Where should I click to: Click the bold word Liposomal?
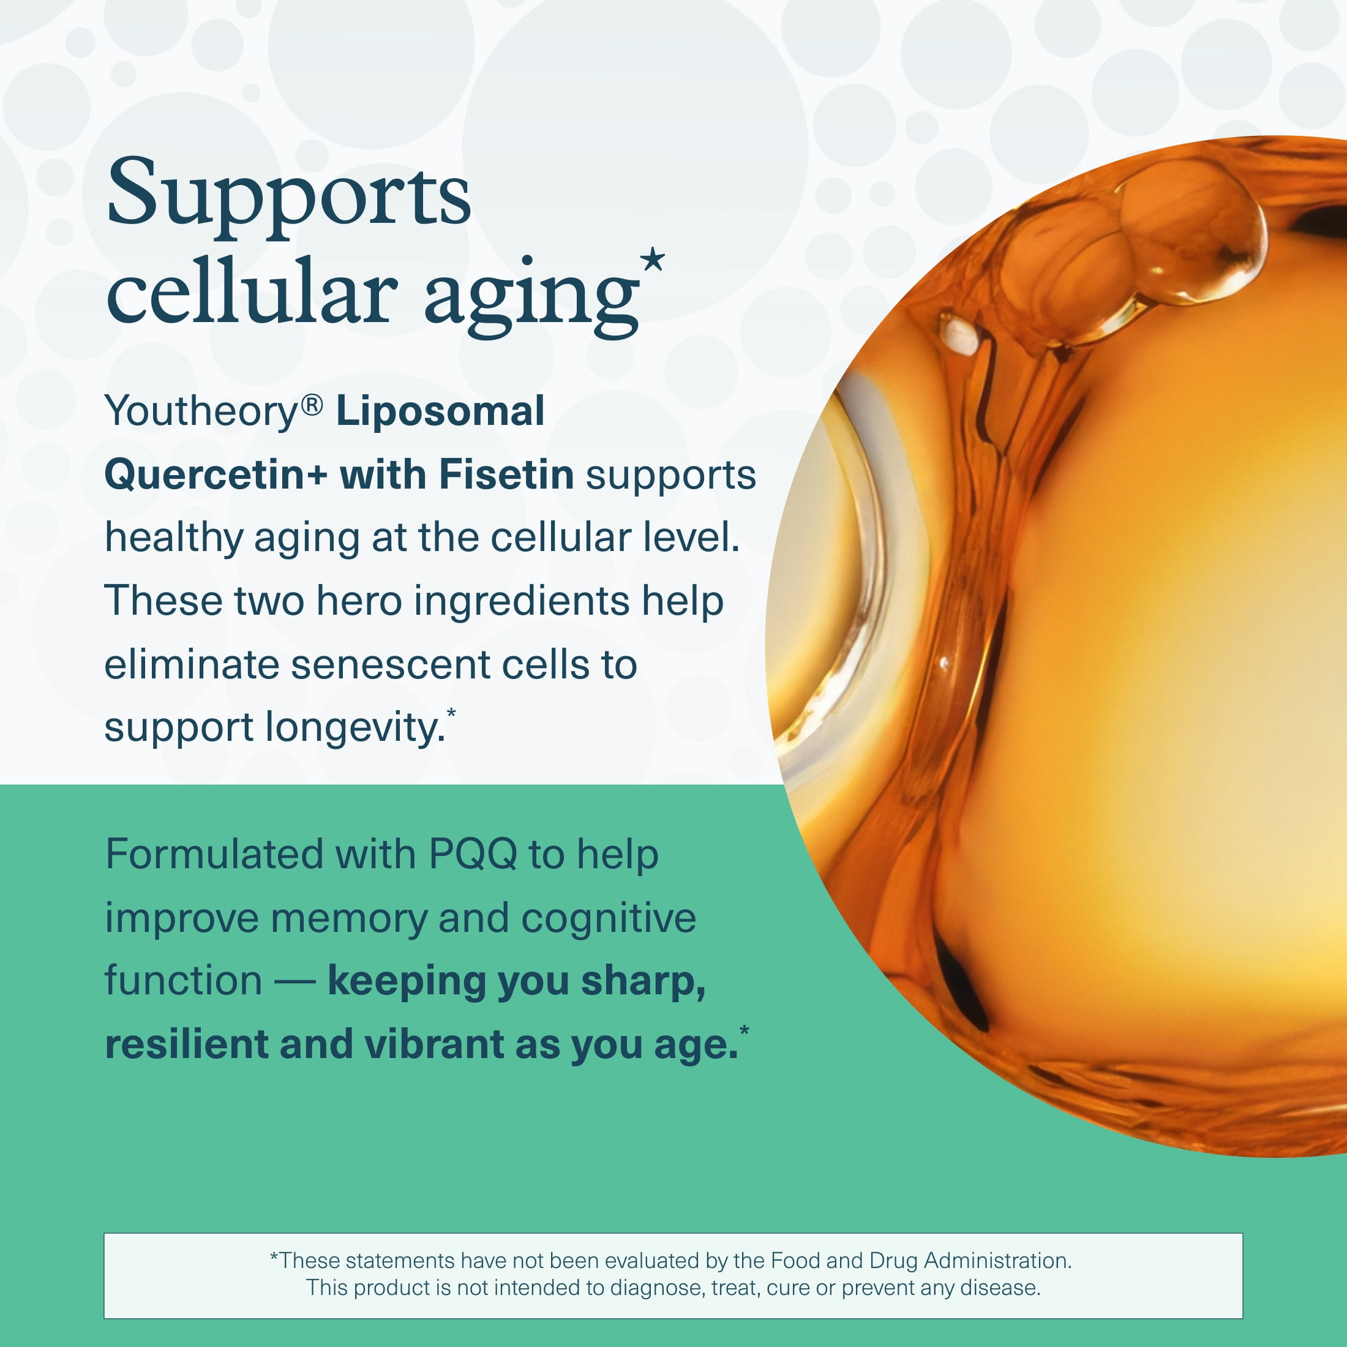[440, 412]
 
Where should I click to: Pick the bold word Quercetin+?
[216, 476]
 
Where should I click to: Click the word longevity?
[355, 729]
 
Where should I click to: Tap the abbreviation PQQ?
[473, 855]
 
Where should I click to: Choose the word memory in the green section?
[349, 919]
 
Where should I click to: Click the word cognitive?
[609, 919]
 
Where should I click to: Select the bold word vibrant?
[434, 1045]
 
